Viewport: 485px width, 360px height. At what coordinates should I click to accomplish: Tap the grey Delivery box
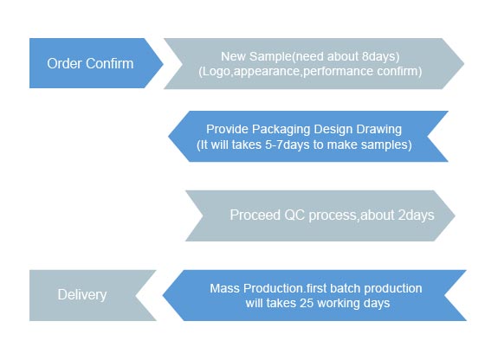[82, 295]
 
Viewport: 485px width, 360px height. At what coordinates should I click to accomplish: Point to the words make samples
[372, 145]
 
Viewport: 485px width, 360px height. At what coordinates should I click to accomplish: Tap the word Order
[63, 63]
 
